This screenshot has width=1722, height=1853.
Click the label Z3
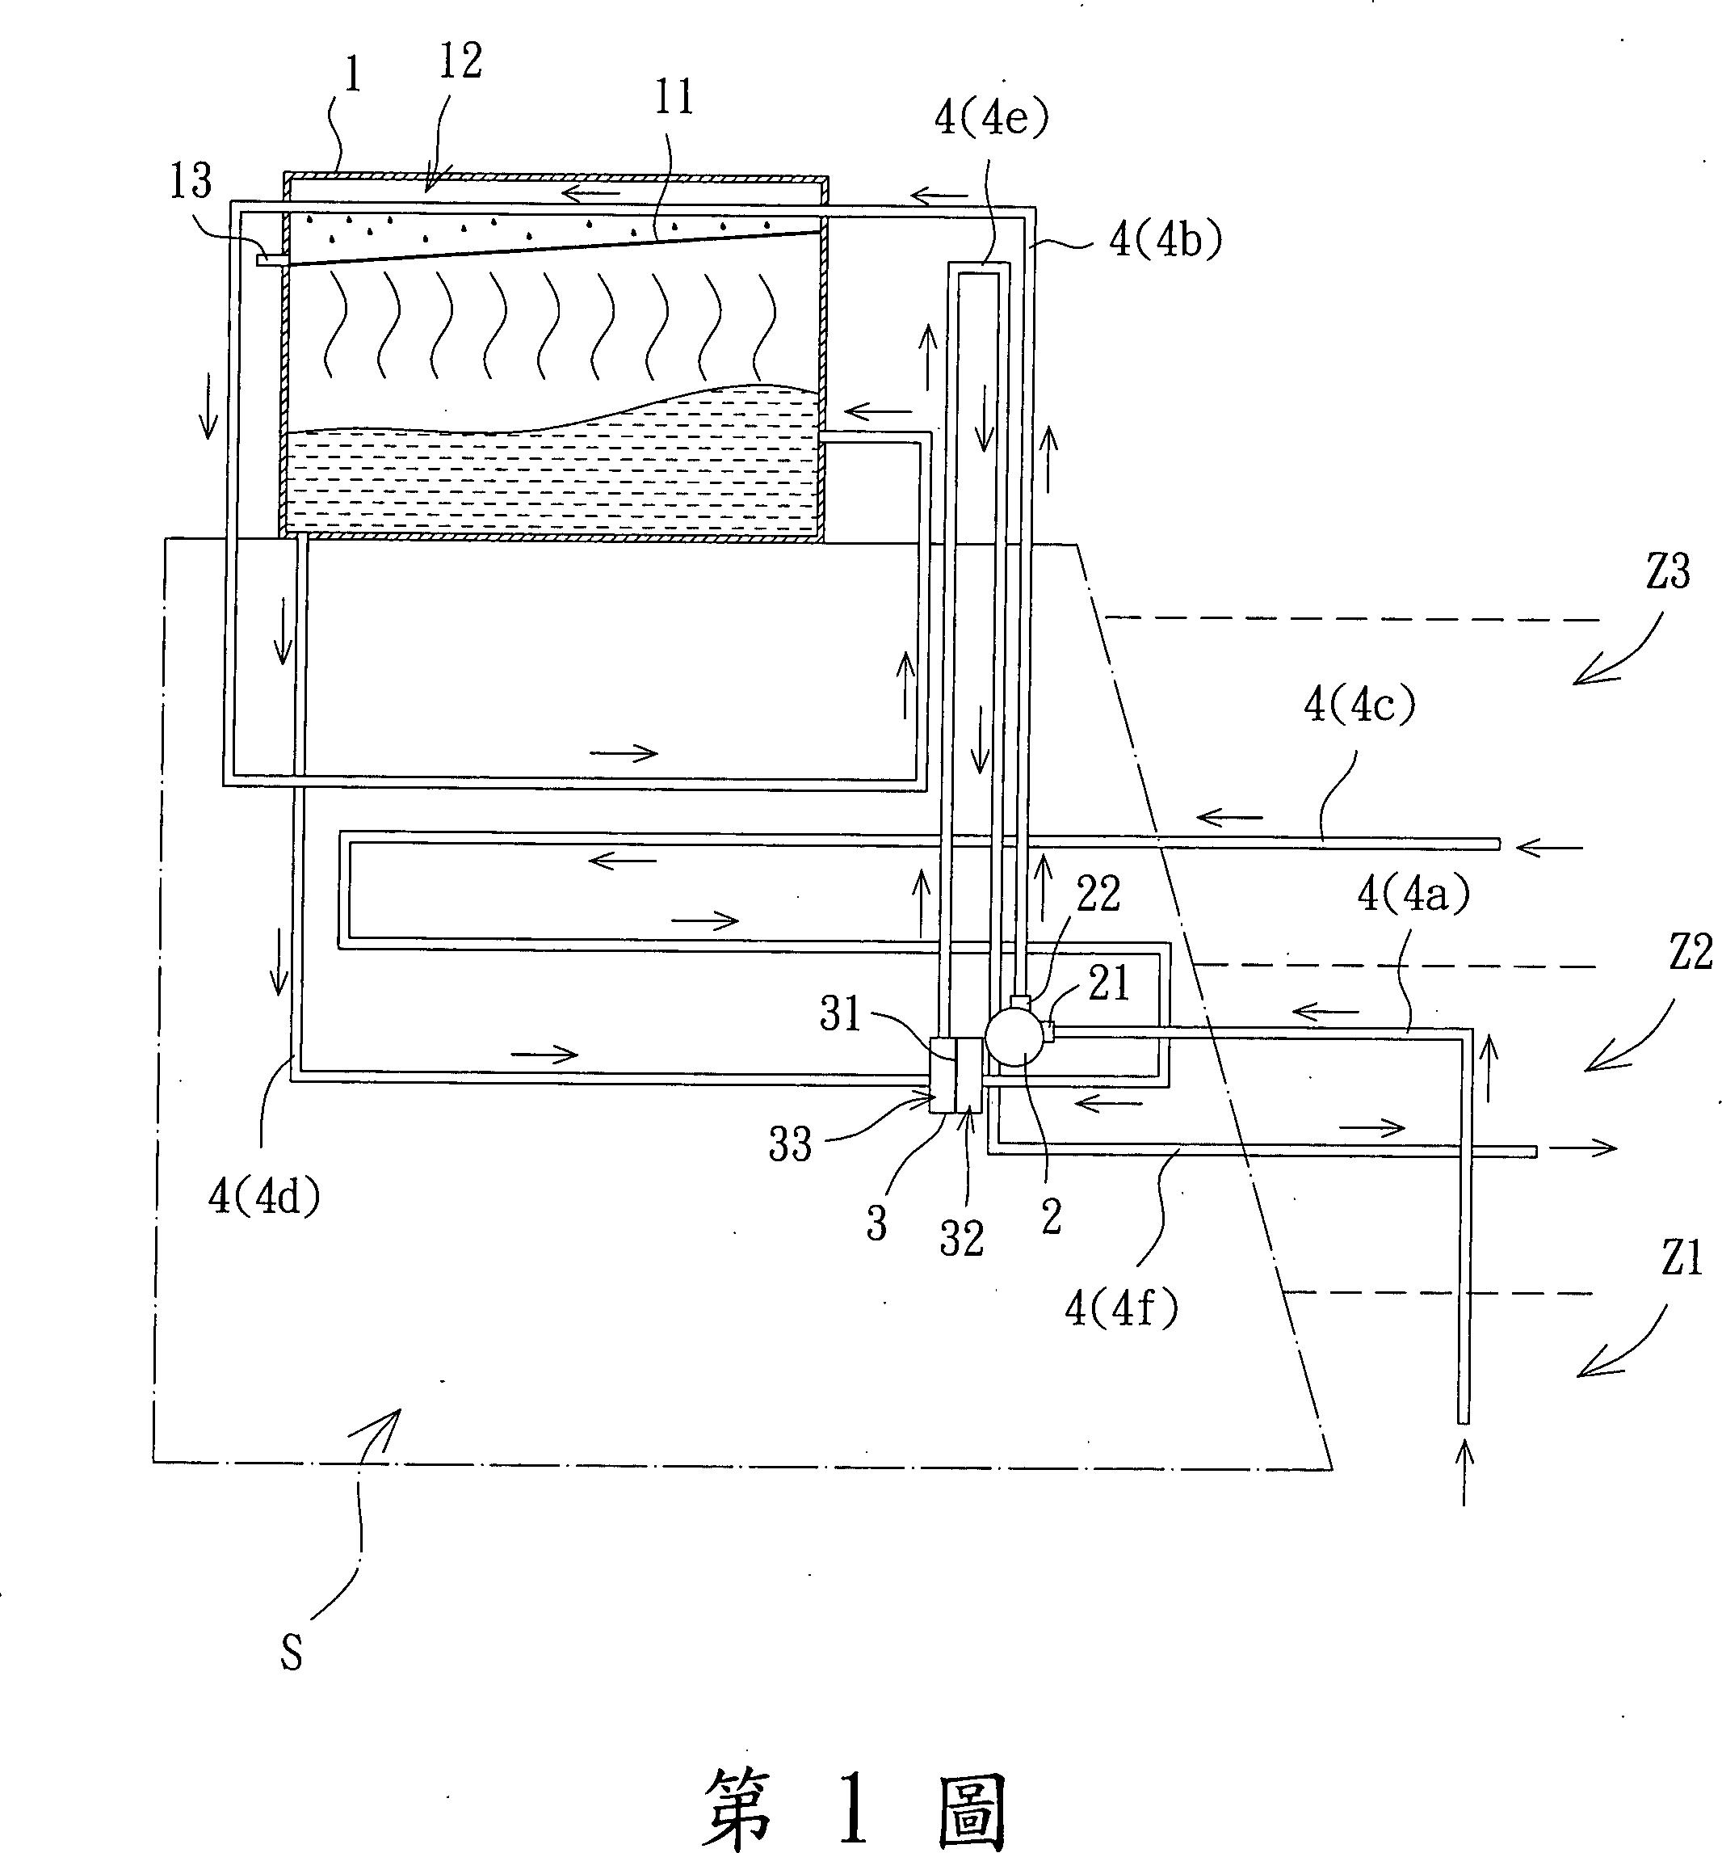tap(1667, 571)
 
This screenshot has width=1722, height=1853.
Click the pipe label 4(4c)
tap(1359, 707)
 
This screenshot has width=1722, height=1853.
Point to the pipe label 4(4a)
tap(1413, 895)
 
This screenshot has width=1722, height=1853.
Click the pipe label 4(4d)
tap(265, 1198)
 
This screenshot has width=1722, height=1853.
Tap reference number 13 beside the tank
tap(191, 181)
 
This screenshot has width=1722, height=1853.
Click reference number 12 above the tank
tap(460, 61)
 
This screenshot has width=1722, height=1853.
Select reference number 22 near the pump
tap(1097, 894)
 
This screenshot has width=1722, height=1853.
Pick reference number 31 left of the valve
tap(842, 1013)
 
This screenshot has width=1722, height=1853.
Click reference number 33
tap(790, 1143)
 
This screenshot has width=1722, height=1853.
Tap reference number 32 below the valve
tap(962, 1240)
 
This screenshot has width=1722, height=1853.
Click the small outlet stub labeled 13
tap(268, 260)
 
